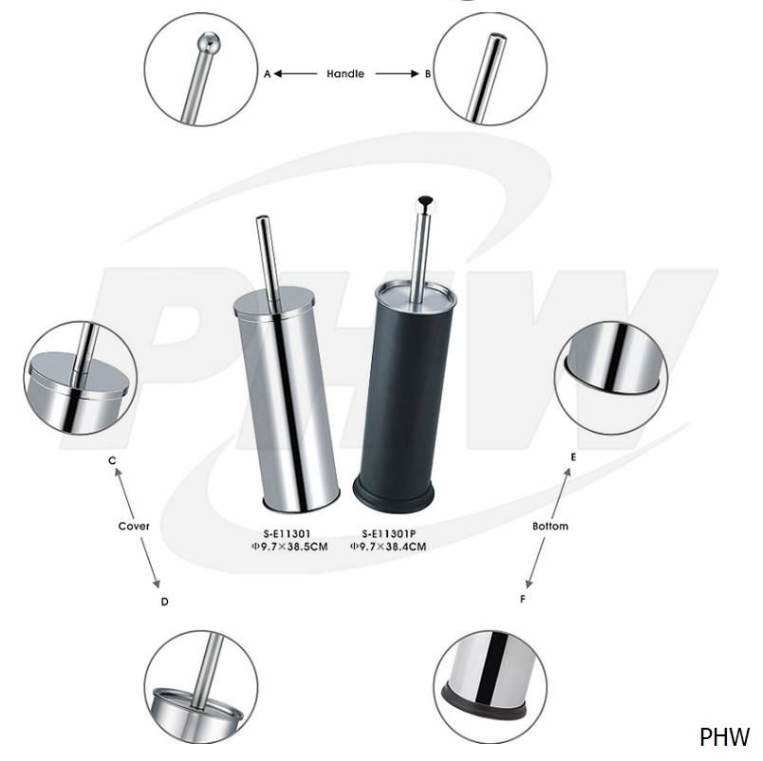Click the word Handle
pyautogui.click(x=345, y=73)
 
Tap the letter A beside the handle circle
pyautogui.click(x=267, y=74)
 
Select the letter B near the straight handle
pyautogui.click(x=428, y=74)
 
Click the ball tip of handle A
pyautogui.click(x=208, y=43)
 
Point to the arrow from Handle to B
pyautogui.click(x=397, y=73)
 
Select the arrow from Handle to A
pyautogui.click(x=295, y=73)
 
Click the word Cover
pyautogui.click(x=134, y=526)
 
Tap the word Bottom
pyautogui.click(x=549, y=526)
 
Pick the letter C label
pyautogui.click(x=112, y=460)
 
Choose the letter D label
pyautogui.click(x=164, y=602)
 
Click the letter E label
pyautogui.click(x=574, y=457)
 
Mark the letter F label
pyautogui.click(x=523, y=599)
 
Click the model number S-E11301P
pyautogui.click(x=389, y=534)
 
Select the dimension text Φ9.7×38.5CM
pyautogui.click(x=289, y=547)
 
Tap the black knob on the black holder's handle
pyautogui.click(x=427, y=200)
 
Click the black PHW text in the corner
pyautogui.click(x=724, y=737)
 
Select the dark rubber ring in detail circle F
pyautogui.click(x=483, y=702)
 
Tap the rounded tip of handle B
pyautogui.click(x=497, y=38)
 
